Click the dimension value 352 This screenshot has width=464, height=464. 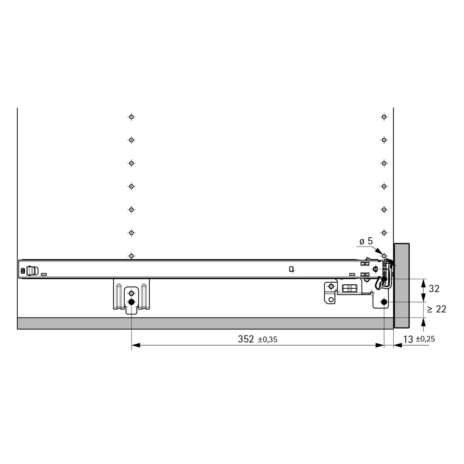[246, 339]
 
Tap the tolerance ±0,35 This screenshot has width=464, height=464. [268, 340]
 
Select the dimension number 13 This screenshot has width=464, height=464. [408, 339]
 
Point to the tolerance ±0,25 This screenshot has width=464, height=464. [425, 339]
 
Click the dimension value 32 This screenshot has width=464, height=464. [434, 289]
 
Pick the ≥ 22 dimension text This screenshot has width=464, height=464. [437, 309]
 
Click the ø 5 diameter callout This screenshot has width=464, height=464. [366, 241]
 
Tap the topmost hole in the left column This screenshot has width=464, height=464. [131, 117]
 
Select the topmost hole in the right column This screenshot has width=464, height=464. [384, 117]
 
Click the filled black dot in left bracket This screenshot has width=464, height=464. [131, 302]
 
